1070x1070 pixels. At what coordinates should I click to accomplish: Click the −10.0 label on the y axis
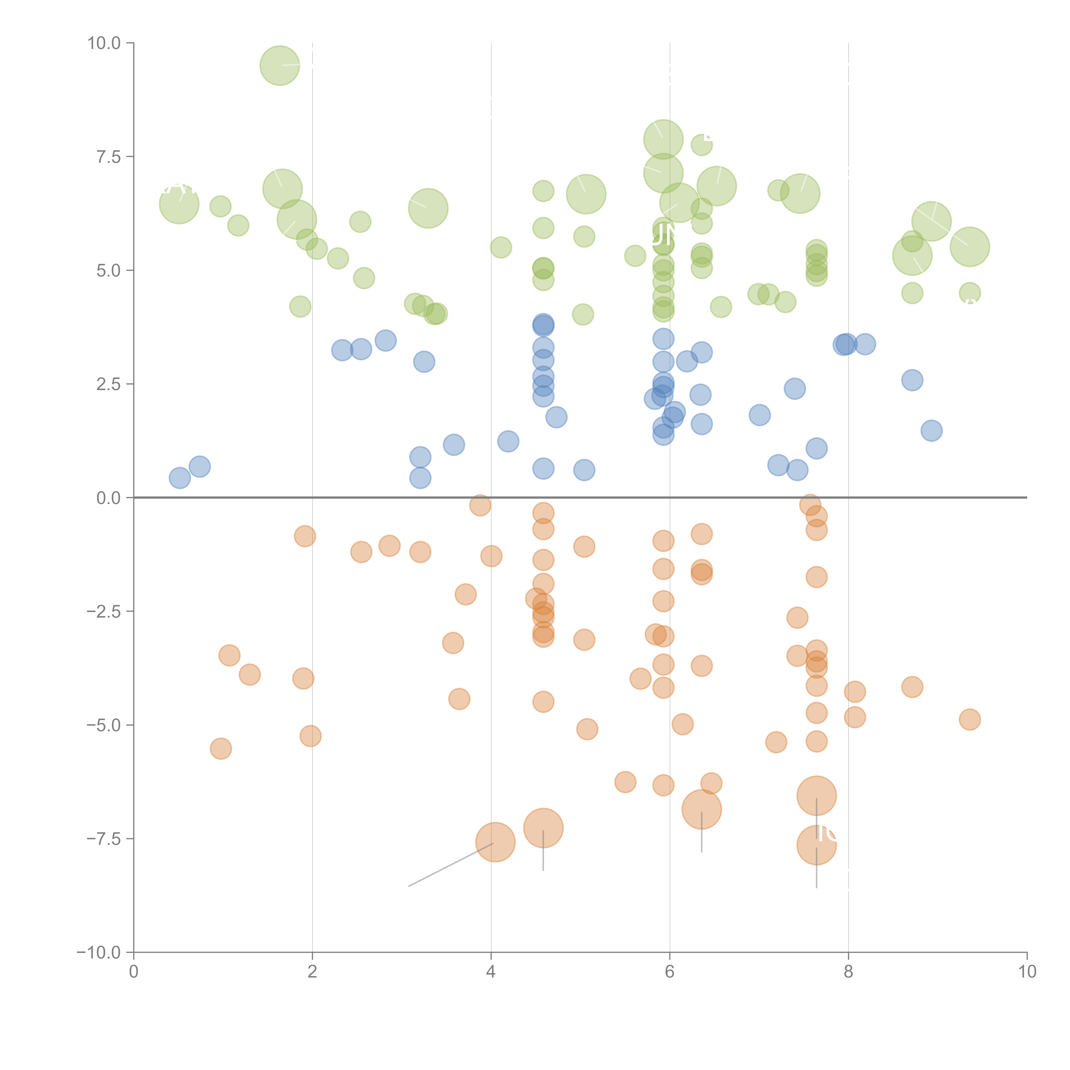[x=99, y=953]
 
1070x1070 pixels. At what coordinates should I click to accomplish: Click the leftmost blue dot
[x=180, y=477]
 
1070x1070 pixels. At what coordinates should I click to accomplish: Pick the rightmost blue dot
[x=932, y=430]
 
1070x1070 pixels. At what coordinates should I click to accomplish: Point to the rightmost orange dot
[x=969, y=719]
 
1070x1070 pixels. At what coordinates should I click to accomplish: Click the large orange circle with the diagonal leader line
[x=495, y=842]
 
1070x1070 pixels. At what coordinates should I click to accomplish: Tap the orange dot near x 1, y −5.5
[x=220, y=749]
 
